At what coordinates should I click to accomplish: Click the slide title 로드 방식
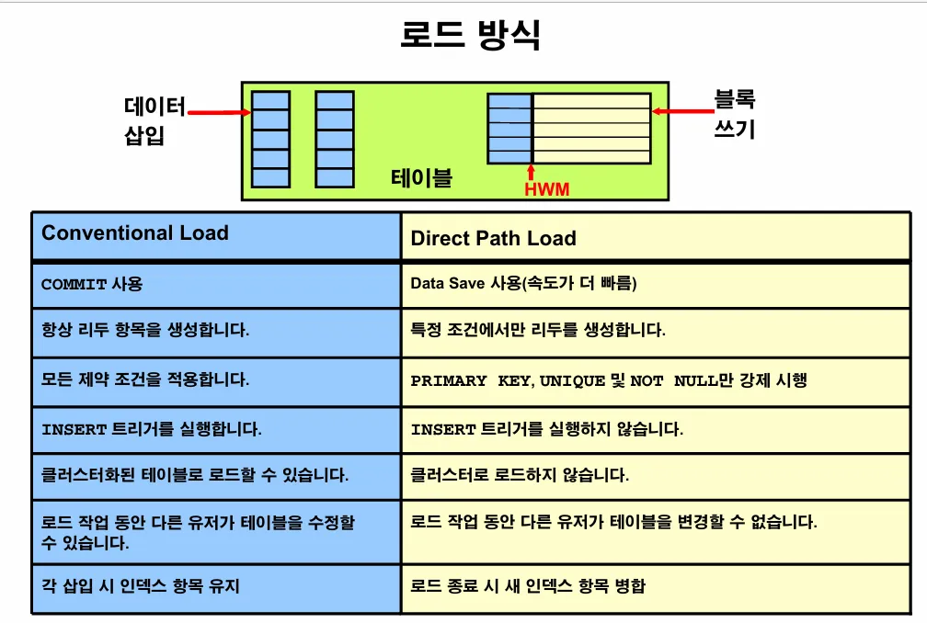click(470, 35)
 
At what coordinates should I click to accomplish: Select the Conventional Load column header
click(135, 233)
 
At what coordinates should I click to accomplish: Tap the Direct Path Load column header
click(493, 239)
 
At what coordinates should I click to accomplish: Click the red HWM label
click(546, 190)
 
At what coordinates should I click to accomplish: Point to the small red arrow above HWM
click(531, 172)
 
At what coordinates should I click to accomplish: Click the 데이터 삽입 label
click(154, 121)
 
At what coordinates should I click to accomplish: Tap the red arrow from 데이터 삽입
click(218, 113)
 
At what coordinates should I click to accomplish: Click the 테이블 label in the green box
click(421, 177)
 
